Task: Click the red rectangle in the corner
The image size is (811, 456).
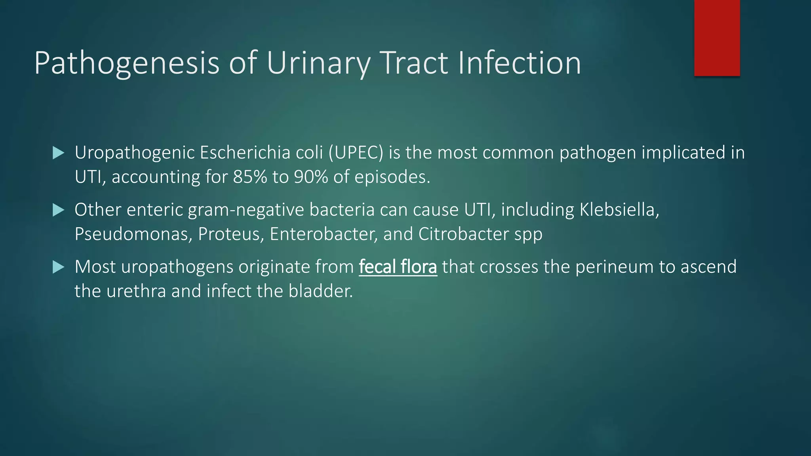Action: pos(717,38)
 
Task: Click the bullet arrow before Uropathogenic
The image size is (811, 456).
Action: pos(58,153)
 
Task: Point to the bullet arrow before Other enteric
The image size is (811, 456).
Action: pos(58,210)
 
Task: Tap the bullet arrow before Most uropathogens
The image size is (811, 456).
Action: pos(58,267)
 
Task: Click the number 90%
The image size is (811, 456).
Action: pos(311,177)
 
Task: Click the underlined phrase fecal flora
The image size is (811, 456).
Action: pos(398,267)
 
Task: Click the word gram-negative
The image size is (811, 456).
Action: pos(246,210)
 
